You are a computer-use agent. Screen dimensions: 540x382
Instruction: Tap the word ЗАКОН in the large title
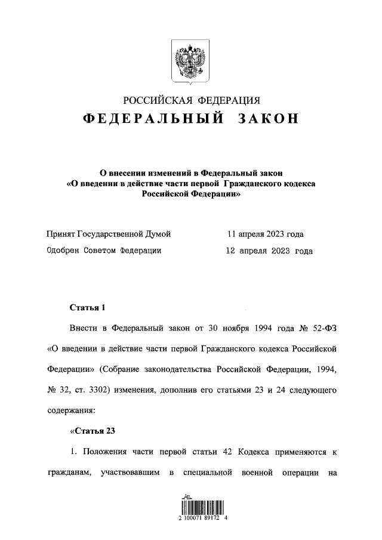pyautogui.click(x=268, y=119)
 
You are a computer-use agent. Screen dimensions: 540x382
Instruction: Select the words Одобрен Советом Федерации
pyautogui.click(x=104, y=251)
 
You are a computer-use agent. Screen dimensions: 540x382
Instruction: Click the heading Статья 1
pyautogui.click(x=88, y=308)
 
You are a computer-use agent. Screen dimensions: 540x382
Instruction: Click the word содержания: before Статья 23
pyautogui.click(x=72, y=411)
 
